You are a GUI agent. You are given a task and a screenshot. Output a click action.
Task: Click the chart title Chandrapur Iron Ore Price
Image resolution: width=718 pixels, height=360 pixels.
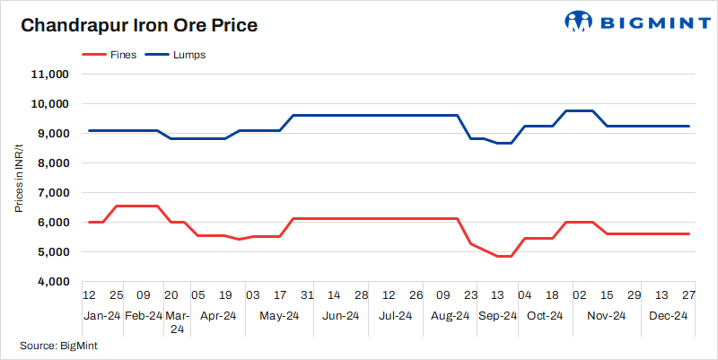[139, 25]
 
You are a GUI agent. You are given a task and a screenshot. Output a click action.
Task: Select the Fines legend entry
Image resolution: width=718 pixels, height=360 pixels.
[109, 55]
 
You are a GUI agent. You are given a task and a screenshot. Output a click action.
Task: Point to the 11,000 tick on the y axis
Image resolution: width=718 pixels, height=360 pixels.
[51, 75]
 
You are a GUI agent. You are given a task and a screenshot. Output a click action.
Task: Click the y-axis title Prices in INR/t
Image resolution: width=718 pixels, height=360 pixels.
[19, 179]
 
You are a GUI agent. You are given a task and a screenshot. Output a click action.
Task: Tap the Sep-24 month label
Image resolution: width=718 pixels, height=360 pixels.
[497, 315]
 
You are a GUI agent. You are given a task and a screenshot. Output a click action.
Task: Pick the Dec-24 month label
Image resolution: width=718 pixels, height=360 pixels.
[669, 315]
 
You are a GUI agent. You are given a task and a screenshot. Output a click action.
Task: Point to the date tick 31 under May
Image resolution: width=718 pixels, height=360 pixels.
[307, 295]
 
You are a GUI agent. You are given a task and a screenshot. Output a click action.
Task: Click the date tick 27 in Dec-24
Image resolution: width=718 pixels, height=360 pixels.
[688, 295]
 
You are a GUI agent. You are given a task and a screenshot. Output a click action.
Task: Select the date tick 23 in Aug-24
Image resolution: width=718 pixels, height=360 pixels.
[470, 295]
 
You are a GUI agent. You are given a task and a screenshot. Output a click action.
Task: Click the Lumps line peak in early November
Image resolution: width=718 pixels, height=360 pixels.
[580, 110]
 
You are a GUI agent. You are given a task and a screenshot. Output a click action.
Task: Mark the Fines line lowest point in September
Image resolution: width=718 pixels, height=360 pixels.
[504, 257]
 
